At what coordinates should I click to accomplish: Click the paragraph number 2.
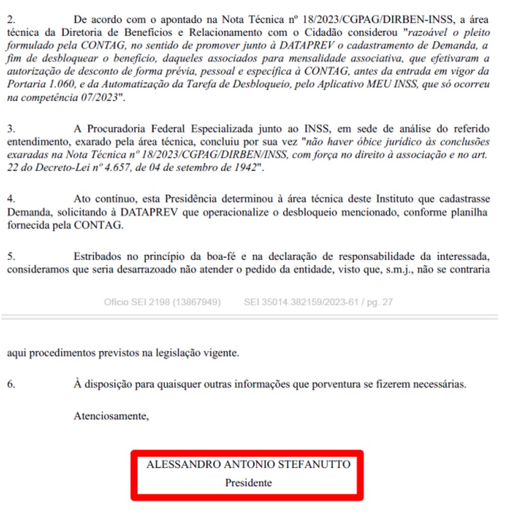coord(11,20)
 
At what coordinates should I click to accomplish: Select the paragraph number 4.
coord(11,199)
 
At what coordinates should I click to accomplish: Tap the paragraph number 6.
coord(11,384)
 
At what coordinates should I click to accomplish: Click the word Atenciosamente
coord(111,416)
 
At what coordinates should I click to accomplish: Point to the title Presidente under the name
coord(248,483)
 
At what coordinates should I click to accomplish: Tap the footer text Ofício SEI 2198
coord(136,302)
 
